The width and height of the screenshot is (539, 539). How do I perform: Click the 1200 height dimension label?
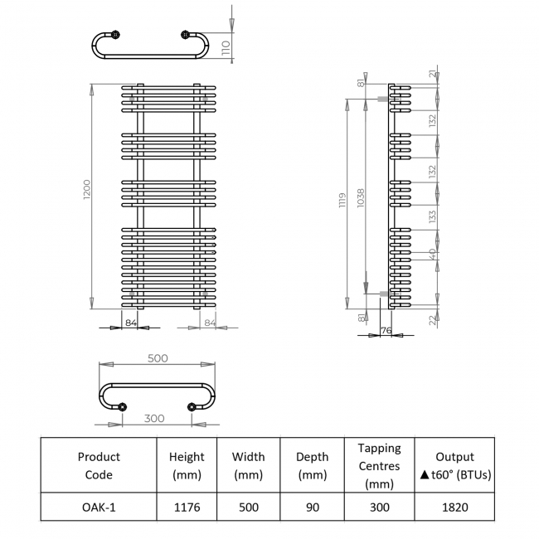click(x=87, y=195)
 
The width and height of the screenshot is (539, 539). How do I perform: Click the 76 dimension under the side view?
click(x=385, y=331)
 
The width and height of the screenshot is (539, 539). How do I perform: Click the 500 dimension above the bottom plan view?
click(x=158, y=357)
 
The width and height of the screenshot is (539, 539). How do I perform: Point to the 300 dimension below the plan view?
click(x=154, y=418)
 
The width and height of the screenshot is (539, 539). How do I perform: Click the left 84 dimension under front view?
click(x=130, y=322)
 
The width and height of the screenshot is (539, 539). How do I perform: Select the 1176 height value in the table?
click(x=187, y=507)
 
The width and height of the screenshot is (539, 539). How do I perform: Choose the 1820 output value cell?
click(x=454, y=507)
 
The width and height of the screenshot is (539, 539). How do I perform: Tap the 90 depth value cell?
click(x=312, y=507)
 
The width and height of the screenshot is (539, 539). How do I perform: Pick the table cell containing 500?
click(x=248, y=507)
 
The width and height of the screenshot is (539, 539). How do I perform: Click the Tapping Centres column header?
click(x=379, y=465)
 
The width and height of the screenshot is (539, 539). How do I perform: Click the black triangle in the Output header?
click(x=424, y=476)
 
